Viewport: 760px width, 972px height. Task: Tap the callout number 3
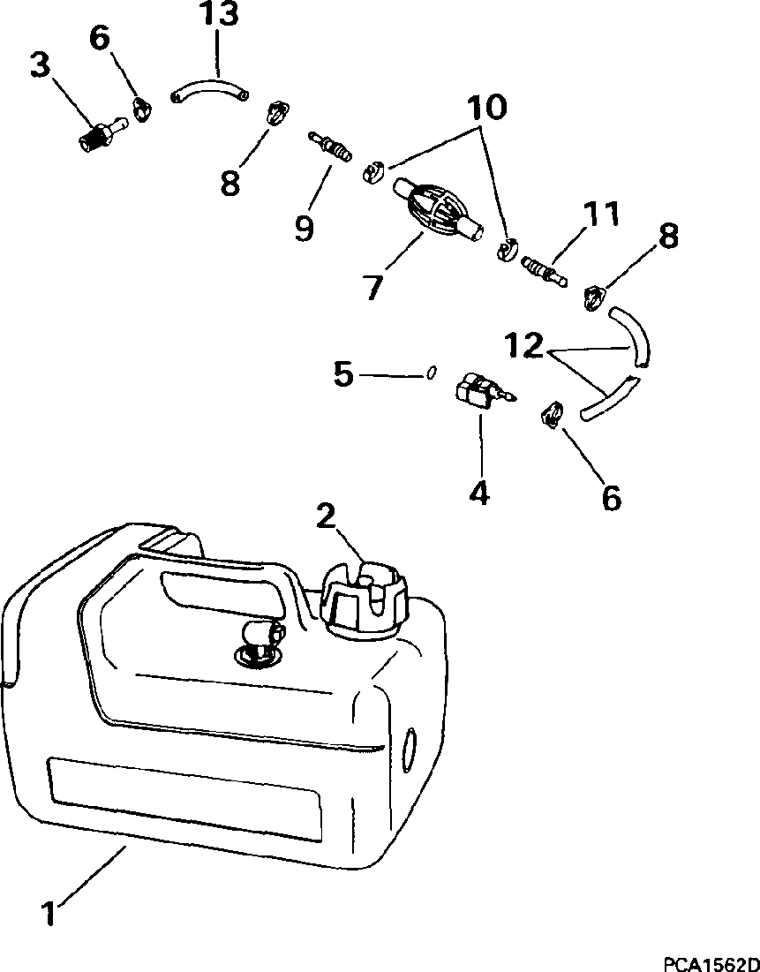click(41, 66)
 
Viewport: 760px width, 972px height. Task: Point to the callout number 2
click(327, 516)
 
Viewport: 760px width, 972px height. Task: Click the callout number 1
click(50, 912)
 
